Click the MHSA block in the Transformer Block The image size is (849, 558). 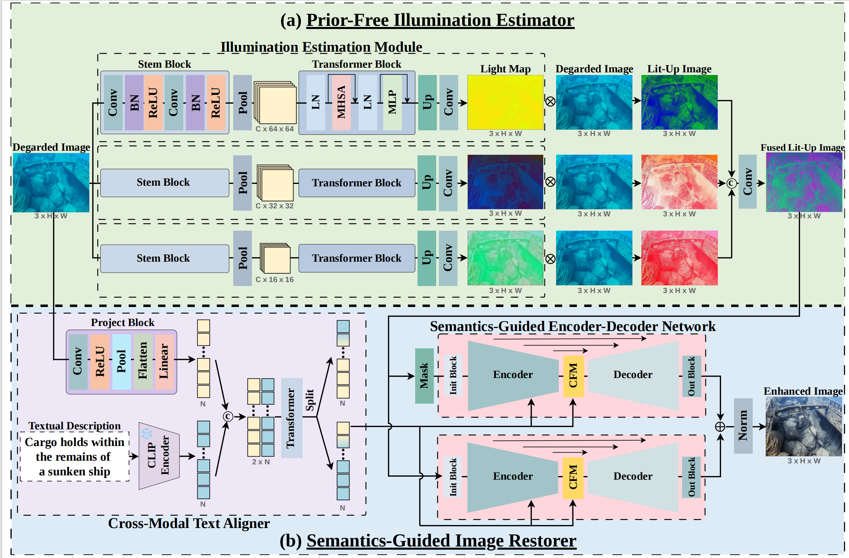(x=342, y=102)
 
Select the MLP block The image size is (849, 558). (x=392, y=102)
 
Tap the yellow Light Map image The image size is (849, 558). (x=505, y=102)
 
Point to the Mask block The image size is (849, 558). (x=424, y=376)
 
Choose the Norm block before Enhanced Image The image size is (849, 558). (x=743, y=426)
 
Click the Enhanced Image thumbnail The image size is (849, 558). (x=804, y=427)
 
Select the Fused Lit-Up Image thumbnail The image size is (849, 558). (x=804, y=182)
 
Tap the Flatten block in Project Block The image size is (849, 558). (x=143, y=361)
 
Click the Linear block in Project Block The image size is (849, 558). (x=164, y=361)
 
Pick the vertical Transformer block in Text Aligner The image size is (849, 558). (x=292, y=418)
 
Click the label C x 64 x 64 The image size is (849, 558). (x=274, y=129)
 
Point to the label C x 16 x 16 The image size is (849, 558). (x=274, y=280)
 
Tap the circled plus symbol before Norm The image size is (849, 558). (x=720, y=427)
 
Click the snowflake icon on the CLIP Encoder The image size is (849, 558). (x=146, y=433)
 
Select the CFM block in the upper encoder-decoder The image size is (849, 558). (x=573, y=376)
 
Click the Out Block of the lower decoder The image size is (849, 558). (x=691, y=477)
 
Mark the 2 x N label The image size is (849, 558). (x=261, y=462)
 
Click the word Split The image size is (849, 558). (x=310, y=400)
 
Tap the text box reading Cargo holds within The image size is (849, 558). (x=75, y=457)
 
